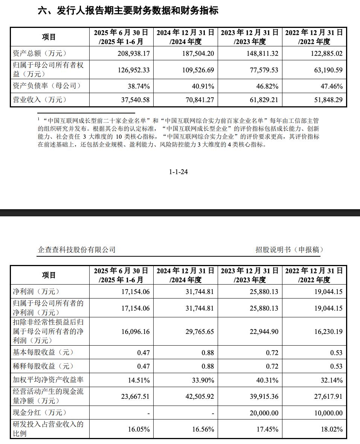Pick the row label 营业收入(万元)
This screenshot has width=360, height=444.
[x=40, y=100]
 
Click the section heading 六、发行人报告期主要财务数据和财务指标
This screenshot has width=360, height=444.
[x=128, y=11]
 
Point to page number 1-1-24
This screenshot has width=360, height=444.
[x=178, y=172]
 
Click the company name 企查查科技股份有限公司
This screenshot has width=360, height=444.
[x=77, y=250]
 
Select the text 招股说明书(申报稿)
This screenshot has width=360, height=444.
[x=289, y=250]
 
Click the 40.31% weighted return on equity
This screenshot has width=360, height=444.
[x=267, y=380]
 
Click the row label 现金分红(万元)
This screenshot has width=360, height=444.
[x=40, y=413]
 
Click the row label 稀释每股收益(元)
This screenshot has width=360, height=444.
[x=43, y=366]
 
